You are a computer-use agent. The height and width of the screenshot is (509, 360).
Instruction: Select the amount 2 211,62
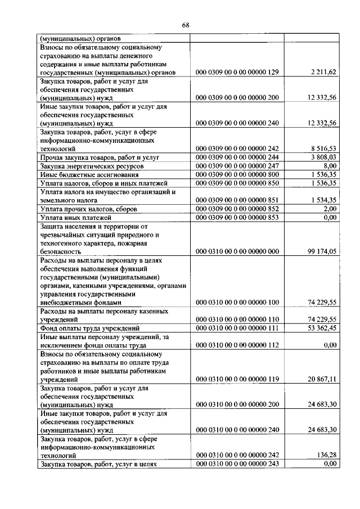(322, 73)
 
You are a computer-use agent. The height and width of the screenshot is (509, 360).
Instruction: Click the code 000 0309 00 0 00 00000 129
(237, 73)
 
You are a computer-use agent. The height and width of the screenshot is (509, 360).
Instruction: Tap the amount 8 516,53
(322, 148)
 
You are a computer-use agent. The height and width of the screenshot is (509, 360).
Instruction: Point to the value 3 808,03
(322, 157)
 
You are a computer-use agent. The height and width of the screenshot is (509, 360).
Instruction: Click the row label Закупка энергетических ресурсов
(92, 167)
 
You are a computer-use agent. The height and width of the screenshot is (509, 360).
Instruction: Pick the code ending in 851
(237, 200)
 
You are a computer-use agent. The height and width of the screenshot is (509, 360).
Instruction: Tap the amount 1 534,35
(322, 200)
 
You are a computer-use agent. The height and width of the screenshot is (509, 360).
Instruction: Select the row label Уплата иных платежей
(76, 217)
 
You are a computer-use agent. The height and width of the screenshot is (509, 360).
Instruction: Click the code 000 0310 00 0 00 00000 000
(237, 251)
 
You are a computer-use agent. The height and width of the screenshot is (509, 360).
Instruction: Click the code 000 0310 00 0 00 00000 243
(237, 464)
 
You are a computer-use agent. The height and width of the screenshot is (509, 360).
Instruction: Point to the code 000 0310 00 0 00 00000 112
(237, 345)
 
